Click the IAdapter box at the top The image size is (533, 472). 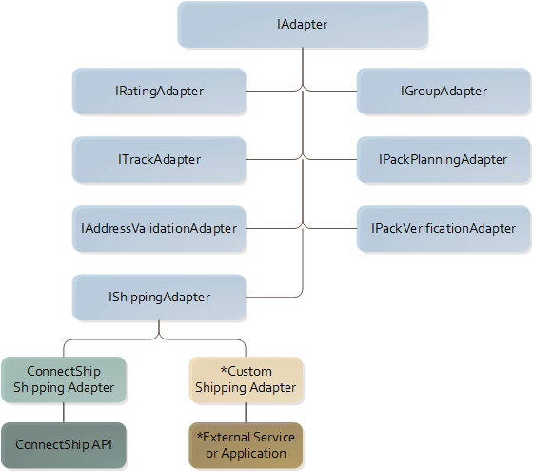tap(302, 25)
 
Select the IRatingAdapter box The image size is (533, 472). tap(159, 92)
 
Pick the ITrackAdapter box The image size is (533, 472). tap(159, 159)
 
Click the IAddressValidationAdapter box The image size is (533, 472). tap(159, 228)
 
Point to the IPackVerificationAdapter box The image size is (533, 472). tap(444, 228)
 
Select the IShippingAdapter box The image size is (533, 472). tap(159, 297)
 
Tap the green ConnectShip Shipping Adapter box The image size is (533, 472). tap(64, 380)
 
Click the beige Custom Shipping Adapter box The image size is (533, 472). tap(247, 380)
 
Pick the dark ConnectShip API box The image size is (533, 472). tap(64, 445)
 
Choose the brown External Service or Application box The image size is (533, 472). tap(247, 445)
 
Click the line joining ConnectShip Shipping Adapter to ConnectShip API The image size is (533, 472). tap(64, 412)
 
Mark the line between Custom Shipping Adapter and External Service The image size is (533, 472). tap(247, 412)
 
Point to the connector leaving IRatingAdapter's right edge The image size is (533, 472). tap(271, 92)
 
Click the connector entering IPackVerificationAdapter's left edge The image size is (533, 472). tap(333, 228)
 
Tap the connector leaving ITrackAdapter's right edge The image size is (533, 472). tap(271, 159)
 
